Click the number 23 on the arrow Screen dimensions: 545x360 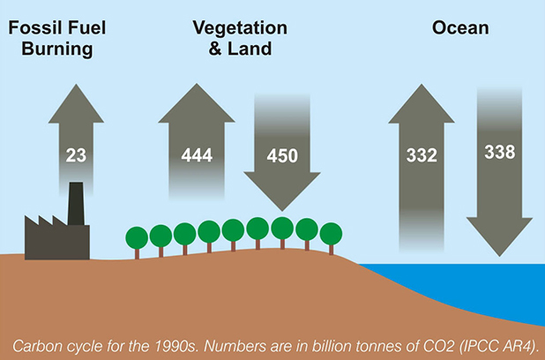(x=76, y=155)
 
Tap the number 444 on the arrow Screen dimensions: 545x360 (x=197, y=155)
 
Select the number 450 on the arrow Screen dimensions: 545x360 (x=282, y=155)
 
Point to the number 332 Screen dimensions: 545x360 (x=422, y=155)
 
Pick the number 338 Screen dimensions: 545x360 (x=500, y=152)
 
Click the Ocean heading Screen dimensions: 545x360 (x=460, y=28)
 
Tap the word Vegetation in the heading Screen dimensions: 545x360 (x=240, y=28)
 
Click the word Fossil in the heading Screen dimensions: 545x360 (x=32, y=28)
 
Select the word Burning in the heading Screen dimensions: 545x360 (x=57, y=49)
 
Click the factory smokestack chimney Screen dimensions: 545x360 (x=76, y=204)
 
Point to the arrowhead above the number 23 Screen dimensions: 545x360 (x=76, y=103)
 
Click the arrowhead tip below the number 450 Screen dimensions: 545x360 (x=282, y=211)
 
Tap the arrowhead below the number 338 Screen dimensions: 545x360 (x=499, y=236)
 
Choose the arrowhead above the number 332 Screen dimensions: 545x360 (x=422, y=103)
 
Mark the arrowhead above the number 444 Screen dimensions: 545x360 (x=197, y=102)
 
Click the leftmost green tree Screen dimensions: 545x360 (x=137, y=243)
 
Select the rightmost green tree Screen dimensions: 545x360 (x=331, y=238)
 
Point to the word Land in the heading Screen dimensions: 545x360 (x=250, y=49)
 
